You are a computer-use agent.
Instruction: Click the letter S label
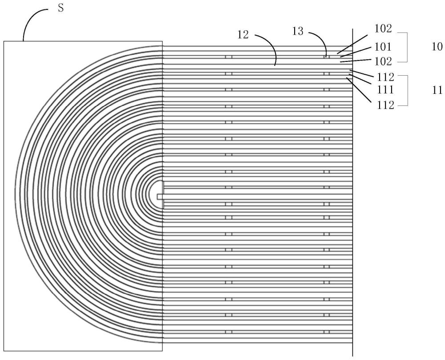tap(61, 8)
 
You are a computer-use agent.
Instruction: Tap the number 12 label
tap(243, 35)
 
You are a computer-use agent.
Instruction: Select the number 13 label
tap(298, 31)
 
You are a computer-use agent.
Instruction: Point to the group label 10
tap(437, 47)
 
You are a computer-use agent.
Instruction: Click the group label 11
tap(437, 90)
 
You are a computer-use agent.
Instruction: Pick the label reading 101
tap(383, 47)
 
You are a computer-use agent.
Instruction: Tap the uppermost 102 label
tap(383, 28)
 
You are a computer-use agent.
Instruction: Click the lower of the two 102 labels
tap(383, 61)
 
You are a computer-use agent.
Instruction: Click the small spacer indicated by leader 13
tap(327, 57)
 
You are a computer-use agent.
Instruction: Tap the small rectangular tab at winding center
tap(160, 197)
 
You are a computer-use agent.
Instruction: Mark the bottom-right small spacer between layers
tap(327, 332)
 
